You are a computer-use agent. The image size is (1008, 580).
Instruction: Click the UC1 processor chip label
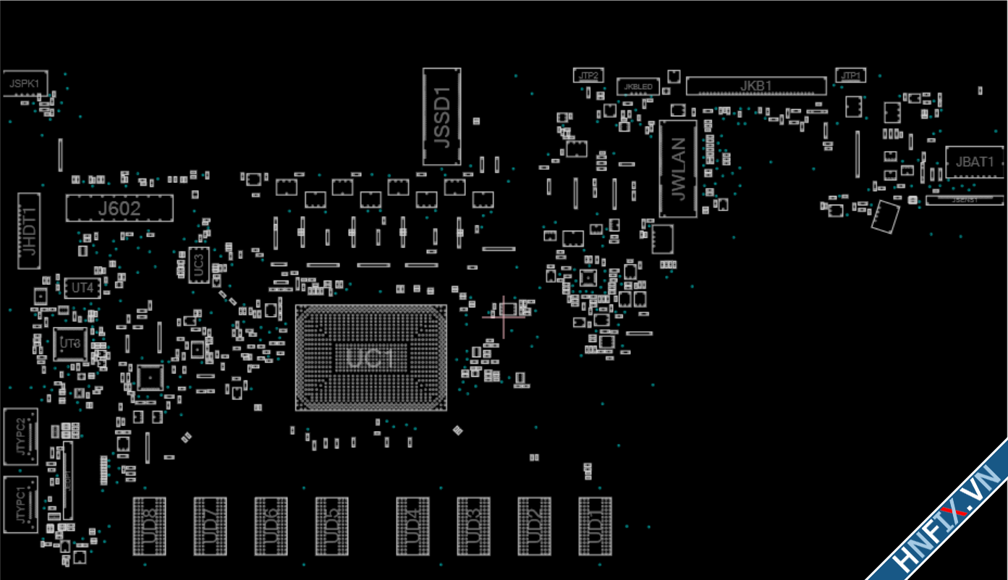pyautogui.click(x=370, y=358)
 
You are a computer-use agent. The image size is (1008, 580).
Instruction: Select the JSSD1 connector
pyautogui.click(x=441, y=116)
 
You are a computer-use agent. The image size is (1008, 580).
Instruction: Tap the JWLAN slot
pyautogui.click(x=678, y=169)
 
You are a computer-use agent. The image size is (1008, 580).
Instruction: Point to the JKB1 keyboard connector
pyautogui.click(x=755, y=86)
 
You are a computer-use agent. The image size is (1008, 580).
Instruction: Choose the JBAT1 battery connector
pyautogui.click(x=975, y=162)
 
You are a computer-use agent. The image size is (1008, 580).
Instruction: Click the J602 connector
pyautogui.click(x=119, y=208)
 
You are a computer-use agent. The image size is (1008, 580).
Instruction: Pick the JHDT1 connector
pyautogui.click(x=29, y=231)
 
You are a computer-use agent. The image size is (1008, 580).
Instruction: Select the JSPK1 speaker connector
pyautogui.click(x=25, y=83)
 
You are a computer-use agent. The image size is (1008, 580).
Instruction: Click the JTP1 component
pyautogui.click(x=850, y=75)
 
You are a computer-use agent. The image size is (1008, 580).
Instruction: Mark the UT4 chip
pyautogui.click(x=82, y=288)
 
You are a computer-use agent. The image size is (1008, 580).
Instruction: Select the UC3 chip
pyautogui.click(x=199, y=265)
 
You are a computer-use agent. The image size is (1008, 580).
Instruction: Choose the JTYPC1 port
pyautogui.click(x=21, y=504)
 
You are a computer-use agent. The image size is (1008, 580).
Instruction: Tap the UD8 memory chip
pyautogui.click(x=150, y=526)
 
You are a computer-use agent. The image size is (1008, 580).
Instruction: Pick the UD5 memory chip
pyautogui.click(x=332, y=526)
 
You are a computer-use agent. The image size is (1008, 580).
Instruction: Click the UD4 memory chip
pyautogui.click(x=412, y=526)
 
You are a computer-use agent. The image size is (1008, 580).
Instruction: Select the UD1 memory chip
pyautogui.click(x=595, y=526)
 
